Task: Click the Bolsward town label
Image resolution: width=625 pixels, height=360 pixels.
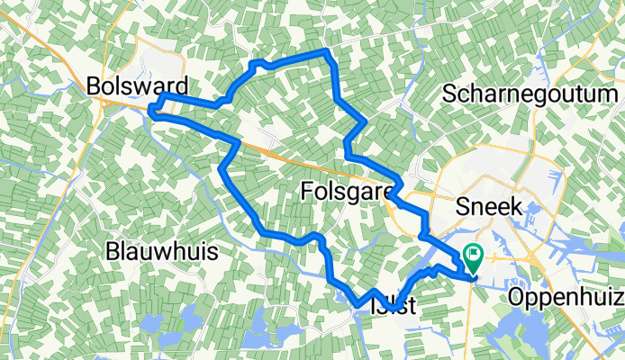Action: (139, 86)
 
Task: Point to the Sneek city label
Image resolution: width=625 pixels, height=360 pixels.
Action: (492, 206)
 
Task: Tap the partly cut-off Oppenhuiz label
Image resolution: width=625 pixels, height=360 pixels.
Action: (566, 297)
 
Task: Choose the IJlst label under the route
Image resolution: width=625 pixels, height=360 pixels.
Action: (394, 306)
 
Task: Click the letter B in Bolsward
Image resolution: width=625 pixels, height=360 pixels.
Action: (94, 86)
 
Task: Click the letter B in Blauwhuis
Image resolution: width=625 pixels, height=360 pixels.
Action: (113, 252)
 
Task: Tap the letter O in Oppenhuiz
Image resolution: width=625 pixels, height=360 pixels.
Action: (517, 297)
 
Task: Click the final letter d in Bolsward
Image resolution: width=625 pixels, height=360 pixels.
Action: (183, 86)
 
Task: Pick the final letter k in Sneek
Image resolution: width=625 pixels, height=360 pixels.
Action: (518, 206)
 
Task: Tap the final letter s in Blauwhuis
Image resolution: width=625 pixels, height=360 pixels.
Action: (213, 252)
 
